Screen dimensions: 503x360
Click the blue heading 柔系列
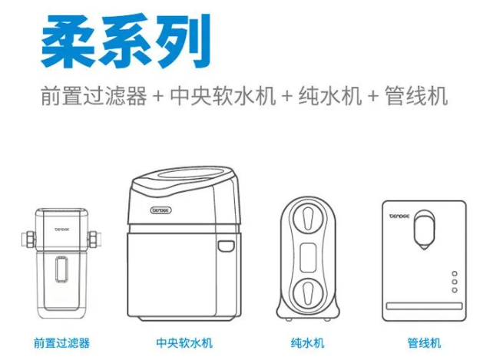click(x=126, y=41)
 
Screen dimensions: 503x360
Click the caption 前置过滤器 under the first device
click(x=62, y=342)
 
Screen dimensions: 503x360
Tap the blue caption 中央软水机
click(x=184, y=342)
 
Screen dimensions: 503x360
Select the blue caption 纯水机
click(x=308, y=342)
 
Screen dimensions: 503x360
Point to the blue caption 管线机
click(x=424, y=342)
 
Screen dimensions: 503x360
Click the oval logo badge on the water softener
click(x=161, y=210)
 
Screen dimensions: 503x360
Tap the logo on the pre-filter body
click(x=62, y=230)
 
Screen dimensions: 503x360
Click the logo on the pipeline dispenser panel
click(x=399, y=216)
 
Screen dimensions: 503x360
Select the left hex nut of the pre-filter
click(x=29, y=239)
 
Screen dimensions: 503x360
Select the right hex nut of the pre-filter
click(x=94, y=239)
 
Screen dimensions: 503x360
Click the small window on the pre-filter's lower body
click(x=61, y=269)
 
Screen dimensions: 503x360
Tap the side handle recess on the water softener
click(x=226, y=245)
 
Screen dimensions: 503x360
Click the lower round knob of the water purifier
click(x=308, y=293)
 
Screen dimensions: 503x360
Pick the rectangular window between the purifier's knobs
click(x=308, y=257)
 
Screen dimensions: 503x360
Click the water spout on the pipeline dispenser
click(x=424, y=230)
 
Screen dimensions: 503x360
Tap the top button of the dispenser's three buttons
click(x=455, y=274)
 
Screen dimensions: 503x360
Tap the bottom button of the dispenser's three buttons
click(x=455, y=290)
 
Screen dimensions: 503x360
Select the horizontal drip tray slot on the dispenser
click(x=424, y=306)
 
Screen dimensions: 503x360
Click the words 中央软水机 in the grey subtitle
click(x=223, y=96)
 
